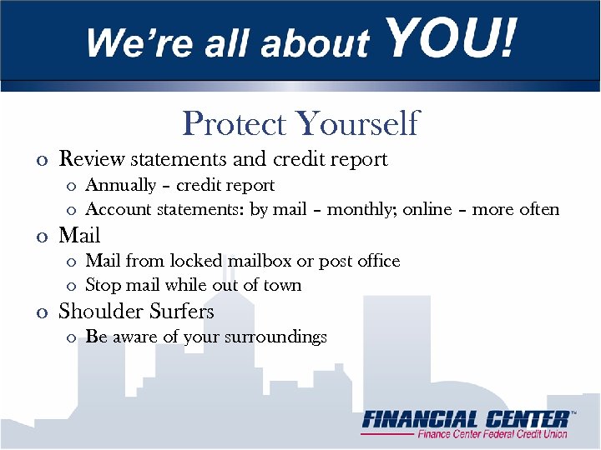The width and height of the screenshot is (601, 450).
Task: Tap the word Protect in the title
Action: [235, 123]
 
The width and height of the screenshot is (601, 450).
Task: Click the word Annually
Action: [121, 185]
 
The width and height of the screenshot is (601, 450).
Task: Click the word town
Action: [281, 285]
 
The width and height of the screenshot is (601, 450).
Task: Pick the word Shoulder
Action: [95, 312]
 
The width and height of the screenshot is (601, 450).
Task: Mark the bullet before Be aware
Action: [71, 338]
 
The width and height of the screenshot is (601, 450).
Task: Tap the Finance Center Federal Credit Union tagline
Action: [492, 434]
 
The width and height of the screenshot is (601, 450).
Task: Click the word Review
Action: [92, 158]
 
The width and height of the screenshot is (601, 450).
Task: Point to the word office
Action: [378, 261]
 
